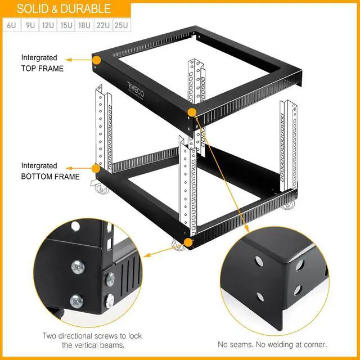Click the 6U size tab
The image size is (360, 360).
click(11, 25)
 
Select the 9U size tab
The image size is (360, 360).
click(30, 25)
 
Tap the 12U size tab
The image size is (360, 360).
click(48, 25)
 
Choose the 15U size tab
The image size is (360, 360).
click(66, 25)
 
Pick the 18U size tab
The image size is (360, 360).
click(85, 25)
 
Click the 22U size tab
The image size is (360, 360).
click(103, 25)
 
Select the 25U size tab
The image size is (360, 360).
click(121, 25)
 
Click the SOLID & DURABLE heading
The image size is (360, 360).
click(64, 9)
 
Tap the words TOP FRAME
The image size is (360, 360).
click(42, 69)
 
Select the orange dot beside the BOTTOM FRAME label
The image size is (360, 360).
click(96, 168)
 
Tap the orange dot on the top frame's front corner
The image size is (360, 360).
click(192, 112)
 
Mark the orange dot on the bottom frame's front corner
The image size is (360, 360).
click(188, 243)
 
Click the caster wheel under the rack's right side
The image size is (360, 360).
click(289, 204)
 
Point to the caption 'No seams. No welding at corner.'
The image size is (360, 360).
click(272, 344)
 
